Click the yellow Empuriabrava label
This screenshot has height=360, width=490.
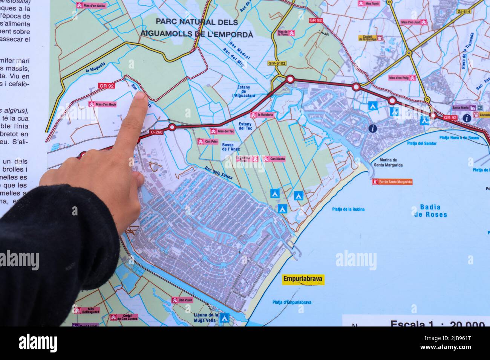point(303,280)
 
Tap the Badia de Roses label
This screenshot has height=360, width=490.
point(430,211)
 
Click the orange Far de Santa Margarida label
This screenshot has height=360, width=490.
point(392,182)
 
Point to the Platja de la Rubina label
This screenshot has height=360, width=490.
point(348,209)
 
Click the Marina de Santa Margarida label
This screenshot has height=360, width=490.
point(388,162)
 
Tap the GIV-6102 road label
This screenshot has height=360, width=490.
point(277,63)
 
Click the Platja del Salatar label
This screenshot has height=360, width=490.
point(422,143)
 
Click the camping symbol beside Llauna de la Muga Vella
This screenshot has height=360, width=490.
point(225,317)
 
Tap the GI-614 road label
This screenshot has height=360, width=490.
point(464,12)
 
